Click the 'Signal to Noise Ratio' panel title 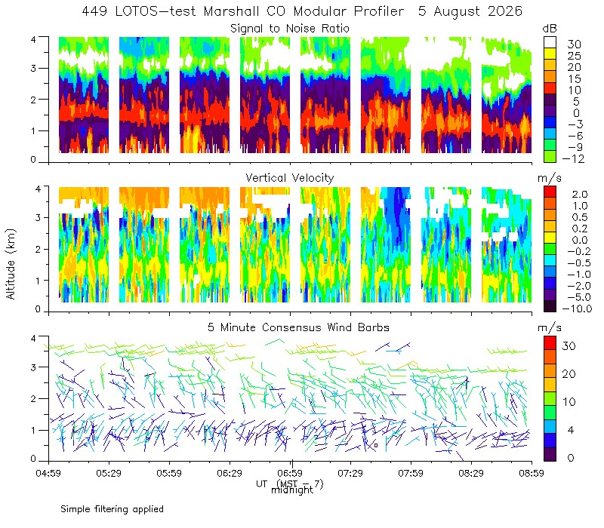290,29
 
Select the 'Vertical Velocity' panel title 290,178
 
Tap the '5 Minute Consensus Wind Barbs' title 298,327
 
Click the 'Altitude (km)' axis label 11,264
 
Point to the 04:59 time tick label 48,473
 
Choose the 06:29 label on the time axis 230,473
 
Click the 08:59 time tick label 532,473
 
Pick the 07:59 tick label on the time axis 411,473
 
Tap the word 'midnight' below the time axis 292,490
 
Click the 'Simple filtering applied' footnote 112,510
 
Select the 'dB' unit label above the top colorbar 550,29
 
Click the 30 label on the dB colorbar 574,45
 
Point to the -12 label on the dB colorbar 573,159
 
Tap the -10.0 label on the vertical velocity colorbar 577,309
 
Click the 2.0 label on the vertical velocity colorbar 580,195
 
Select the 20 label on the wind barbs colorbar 569,374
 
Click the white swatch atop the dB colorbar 550,42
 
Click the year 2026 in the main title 505,11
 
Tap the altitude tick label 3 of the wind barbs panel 33,367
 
